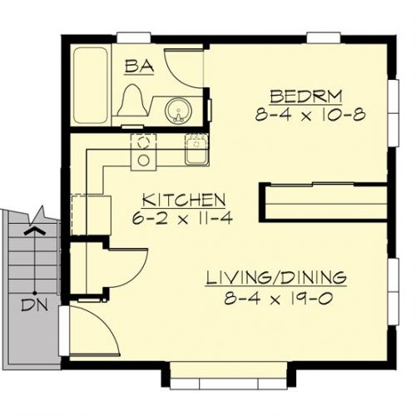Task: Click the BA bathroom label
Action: [x=139, y=67]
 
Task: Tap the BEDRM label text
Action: [x=306, y=97]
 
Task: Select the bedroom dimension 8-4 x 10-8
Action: [x=310, y=115]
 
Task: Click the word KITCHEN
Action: [x=184, y=200]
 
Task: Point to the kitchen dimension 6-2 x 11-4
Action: [x=182, y=218]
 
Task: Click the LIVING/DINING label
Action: [x=276, y=278]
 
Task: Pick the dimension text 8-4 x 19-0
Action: [x=279, y=299]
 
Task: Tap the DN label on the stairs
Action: [x=35, y=305]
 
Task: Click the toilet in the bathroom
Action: [x=132, y=100]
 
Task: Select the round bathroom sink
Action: [x=178, y=111]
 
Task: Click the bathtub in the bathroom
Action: [x=91, y=86]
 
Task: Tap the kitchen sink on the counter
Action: [x=197, y=150]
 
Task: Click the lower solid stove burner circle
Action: [x=144, y=161]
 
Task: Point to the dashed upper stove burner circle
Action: [x=144, y=143]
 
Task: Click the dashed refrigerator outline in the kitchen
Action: [x=92, y=215]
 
